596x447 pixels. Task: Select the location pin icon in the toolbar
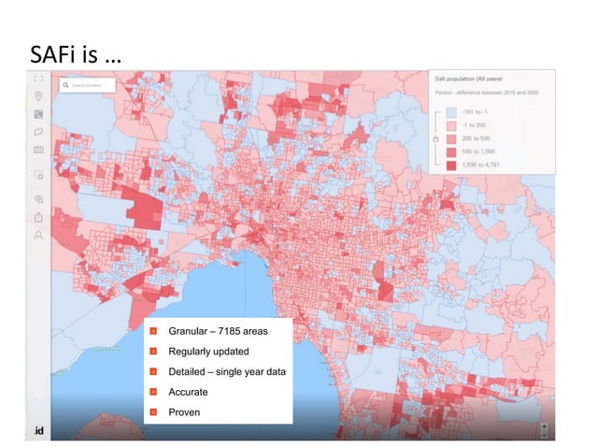[39, 96]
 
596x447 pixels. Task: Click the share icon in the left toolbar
[39, 218]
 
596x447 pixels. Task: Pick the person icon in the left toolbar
[39, 237]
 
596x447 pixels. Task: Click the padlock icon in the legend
[435, 138]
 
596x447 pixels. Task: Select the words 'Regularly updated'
[208, 352]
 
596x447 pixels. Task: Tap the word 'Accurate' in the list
[188, 392]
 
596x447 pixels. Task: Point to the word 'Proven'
[184, 411]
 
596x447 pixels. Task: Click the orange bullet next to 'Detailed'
[153, 372]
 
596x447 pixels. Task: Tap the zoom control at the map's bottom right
[546, 429]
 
